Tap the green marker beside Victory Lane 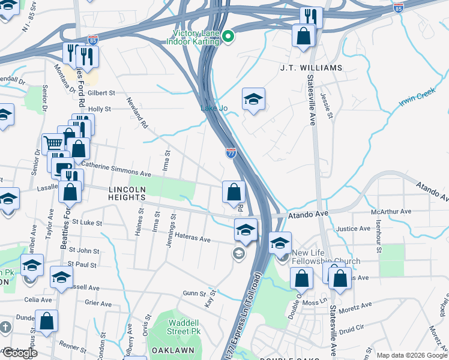click(x=228, y=38)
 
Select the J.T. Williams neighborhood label click(x=311, y=68)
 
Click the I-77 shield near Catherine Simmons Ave click(x=231, y=153)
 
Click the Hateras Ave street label click(x=191, y=239)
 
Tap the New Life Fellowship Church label click(x=325, y=257)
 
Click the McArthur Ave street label click(x=391, y=212)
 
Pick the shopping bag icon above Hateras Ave click(x=234, y=192)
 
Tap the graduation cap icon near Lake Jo click(x=253, y=99)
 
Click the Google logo click(x=19, y=353)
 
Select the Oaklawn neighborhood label click(x=172, y=350)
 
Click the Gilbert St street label click(x=101, y=93)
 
